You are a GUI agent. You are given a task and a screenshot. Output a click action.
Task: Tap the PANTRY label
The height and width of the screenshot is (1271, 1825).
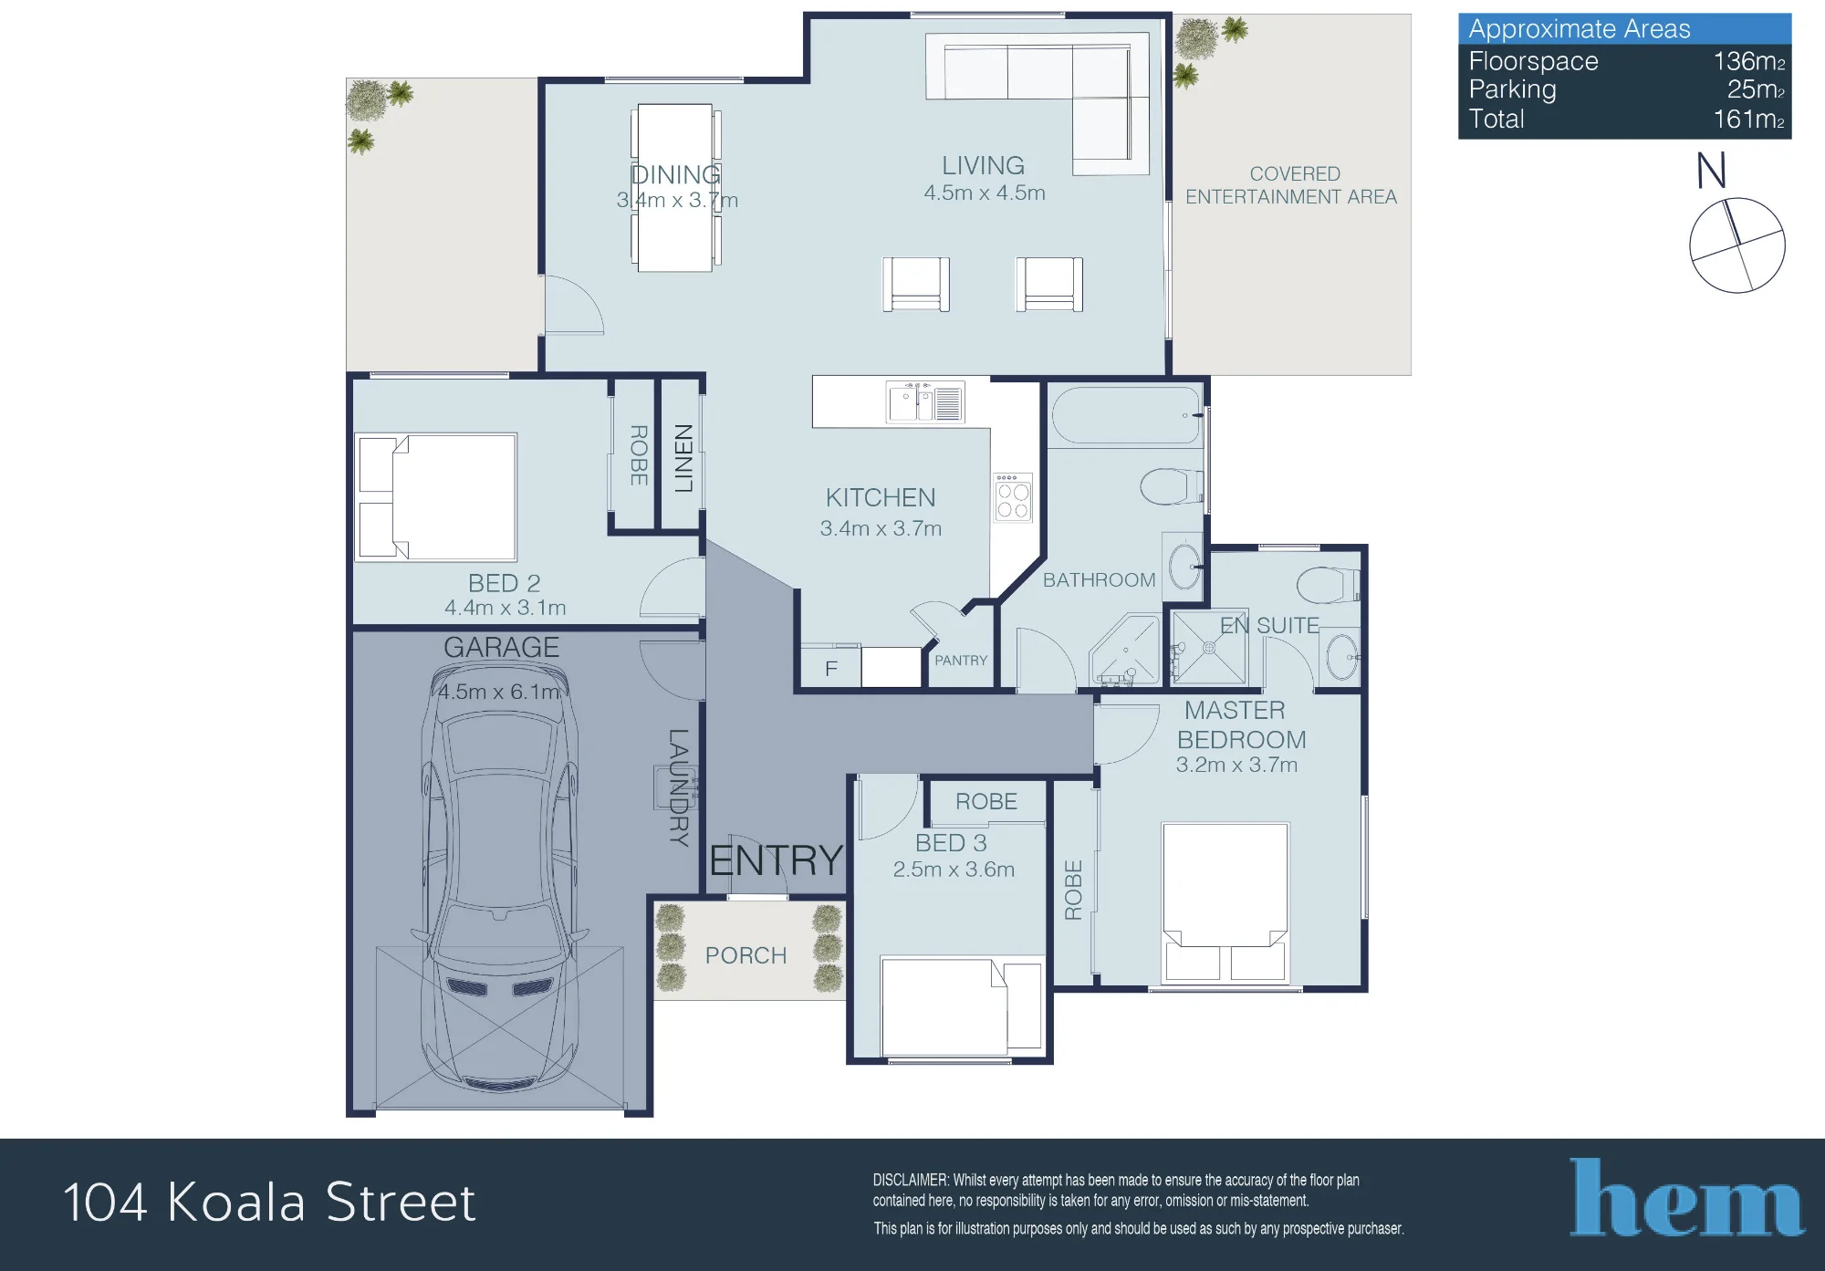point(961,661)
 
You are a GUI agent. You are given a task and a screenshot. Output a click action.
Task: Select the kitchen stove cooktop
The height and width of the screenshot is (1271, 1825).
point(1013,497)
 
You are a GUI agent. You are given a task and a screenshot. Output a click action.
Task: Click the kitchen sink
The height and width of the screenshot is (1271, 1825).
point(924,402)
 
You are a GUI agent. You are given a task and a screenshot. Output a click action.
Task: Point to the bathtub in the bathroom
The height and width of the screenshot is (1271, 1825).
point(1126,415)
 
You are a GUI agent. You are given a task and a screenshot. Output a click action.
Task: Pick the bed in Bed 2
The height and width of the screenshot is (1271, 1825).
point(436,497)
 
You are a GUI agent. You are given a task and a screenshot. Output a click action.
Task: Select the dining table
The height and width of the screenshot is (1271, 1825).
point(675,188)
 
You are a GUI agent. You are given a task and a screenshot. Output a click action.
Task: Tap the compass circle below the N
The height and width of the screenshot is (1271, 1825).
point(1737,245)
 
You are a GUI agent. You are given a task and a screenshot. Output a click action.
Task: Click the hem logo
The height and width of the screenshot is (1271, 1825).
point(1687,1198)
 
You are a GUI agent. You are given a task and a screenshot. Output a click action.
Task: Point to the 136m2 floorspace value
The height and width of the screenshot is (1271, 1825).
point(1748,61)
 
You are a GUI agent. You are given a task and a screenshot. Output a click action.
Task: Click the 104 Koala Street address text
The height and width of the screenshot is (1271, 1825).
point(269,1202)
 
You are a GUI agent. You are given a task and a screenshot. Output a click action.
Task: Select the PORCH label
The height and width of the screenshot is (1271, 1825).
point(746,955)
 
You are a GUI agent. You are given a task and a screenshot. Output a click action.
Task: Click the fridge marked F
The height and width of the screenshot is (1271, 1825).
point(830,668)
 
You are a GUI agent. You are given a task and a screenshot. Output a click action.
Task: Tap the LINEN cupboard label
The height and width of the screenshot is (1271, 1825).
point(683,458)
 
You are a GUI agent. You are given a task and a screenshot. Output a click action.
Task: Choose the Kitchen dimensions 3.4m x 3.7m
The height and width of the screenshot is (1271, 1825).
point(881,528)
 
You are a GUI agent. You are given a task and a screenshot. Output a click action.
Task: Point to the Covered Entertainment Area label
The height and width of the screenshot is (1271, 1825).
point(1291,185)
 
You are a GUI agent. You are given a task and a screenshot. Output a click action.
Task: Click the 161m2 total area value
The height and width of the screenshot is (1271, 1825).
point(1748,119)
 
